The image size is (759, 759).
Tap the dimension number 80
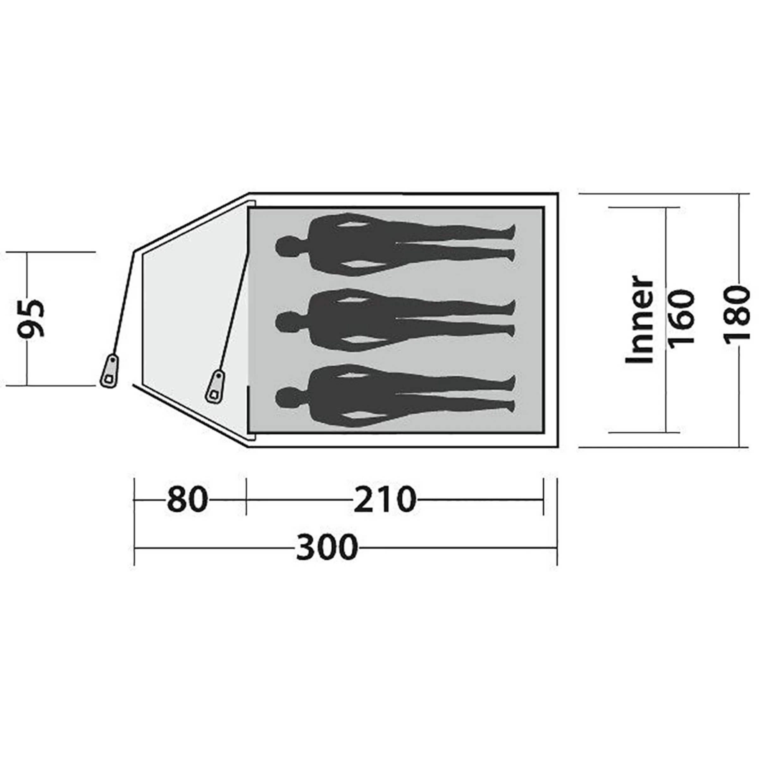[187, 500]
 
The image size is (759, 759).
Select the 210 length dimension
[384, 500]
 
